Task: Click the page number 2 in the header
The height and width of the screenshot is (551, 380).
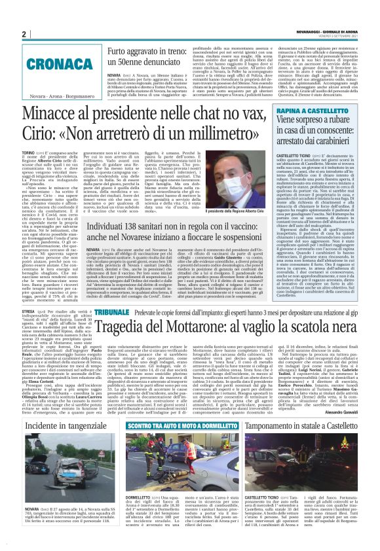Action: tap(24, 35)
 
